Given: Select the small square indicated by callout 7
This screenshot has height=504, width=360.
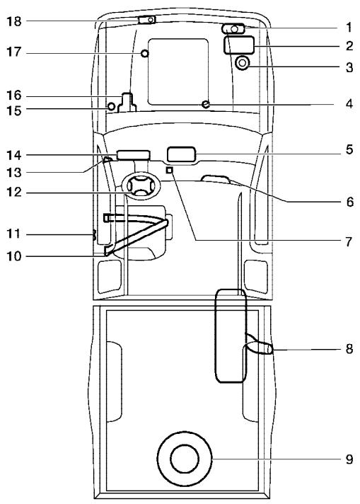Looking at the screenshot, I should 169,171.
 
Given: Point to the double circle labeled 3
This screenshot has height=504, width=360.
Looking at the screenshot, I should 243,64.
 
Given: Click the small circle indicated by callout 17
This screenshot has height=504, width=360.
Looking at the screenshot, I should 145,54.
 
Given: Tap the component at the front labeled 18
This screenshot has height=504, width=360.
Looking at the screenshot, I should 146,20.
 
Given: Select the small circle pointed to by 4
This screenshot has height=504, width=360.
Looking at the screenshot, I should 205,104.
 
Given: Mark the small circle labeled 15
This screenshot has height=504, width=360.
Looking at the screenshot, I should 110,107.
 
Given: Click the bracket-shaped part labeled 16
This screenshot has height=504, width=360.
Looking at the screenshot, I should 127,102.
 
